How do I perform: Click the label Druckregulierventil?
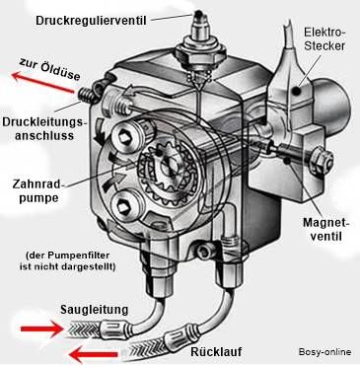coord(91,21)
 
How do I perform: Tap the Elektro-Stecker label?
coord(324,38)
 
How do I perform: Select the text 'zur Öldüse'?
coord(49,69)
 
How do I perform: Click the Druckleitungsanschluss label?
coord(44,128)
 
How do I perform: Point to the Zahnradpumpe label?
coord(36,190)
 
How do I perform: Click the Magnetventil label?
coord(326,229)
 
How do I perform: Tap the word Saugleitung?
coord(94,310)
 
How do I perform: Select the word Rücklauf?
coord(216,351)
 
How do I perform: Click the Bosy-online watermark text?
coord(324,351)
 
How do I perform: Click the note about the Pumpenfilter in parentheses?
coord(68,260)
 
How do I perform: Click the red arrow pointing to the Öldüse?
coord(42,82)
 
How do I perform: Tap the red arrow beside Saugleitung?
coord(41,328)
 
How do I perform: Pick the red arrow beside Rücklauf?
coord(94,354)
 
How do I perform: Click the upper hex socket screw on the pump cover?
coord(124,138)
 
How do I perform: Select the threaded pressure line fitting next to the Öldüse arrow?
coord(86,96)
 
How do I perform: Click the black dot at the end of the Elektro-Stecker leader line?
coord(297,91)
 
